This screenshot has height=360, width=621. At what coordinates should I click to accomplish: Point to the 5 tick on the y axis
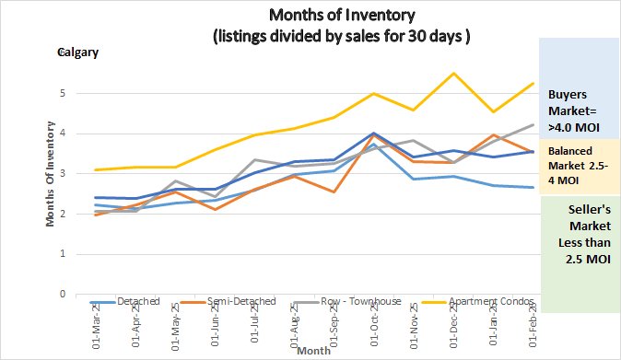coord(61,93)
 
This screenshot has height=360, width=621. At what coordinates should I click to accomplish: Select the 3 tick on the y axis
coord(61,174)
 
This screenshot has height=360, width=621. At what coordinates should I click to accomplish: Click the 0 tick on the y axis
coord(61,295)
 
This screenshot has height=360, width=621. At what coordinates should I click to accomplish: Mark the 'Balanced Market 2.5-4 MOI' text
coord(579,167)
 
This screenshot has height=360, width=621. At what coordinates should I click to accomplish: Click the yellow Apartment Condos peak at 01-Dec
coord(454,74)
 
